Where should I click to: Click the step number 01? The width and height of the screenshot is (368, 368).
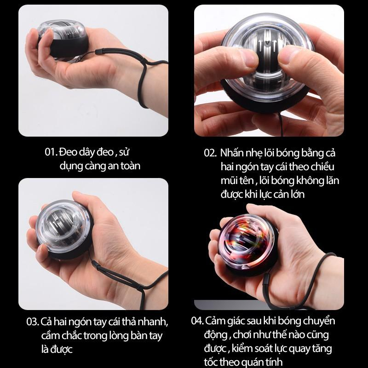click(x=51, y=152)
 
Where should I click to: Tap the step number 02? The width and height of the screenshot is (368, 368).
click(x=210, y=153)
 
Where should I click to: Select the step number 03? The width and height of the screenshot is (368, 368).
click(x=33, y=322)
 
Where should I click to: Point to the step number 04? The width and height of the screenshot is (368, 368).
click(x=197, y=321)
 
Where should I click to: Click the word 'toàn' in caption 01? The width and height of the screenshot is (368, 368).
click(x=130, y=166)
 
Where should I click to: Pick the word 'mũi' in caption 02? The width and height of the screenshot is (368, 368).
click(x=228, y=180)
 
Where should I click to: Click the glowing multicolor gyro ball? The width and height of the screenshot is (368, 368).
click(x=247, y=245)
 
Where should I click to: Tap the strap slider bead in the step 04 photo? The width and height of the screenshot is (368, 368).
click(x=267, y=281)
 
